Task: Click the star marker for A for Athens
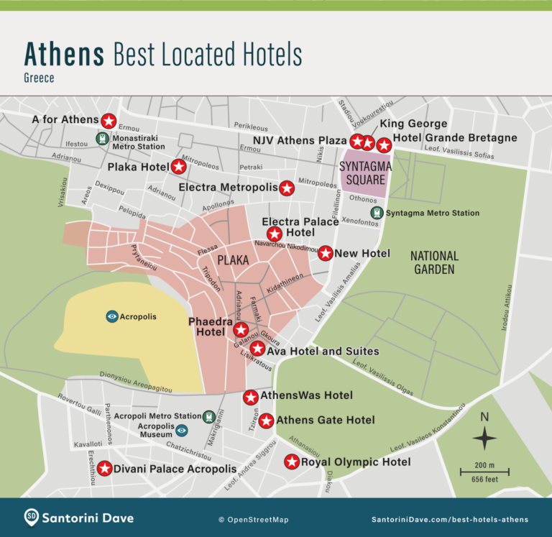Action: point(109,121)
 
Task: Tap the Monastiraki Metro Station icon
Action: point(102,138)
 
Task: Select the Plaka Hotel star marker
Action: point(179,167)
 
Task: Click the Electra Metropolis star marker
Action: point(287,188)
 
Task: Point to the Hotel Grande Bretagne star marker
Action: point(384,145)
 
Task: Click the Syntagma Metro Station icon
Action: point(376,213)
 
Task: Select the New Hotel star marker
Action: point(325,253)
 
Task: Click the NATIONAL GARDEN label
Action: point(434,262)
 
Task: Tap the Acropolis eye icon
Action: point(112,316)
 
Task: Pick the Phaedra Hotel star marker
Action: point(241,330)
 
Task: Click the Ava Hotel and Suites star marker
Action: point(257,349)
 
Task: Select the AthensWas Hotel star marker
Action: point(251,397)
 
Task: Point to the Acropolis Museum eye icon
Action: point(182,431)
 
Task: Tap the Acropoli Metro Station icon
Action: point(209,416)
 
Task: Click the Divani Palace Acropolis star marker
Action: point(105,469)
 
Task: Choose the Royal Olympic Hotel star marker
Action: point(292,462)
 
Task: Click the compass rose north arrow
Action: point(484,436)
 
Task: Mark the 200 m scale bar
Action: point(484,472)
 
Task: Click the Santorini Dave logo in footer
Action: point(32,518)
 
